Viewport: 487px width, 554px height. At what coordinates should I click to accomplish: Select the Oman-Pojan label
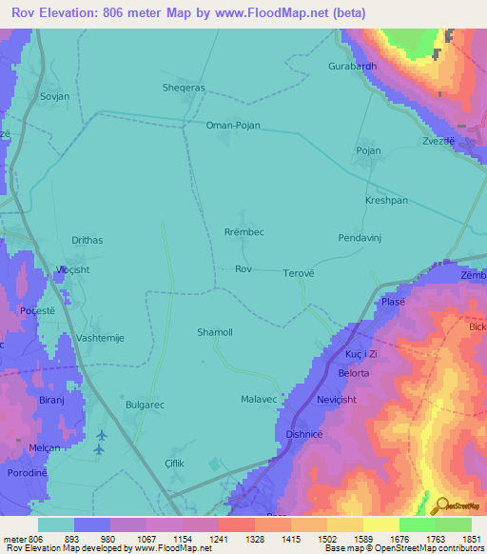233,125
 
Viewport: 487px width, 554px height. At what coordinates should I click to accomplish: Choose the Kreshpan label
386,201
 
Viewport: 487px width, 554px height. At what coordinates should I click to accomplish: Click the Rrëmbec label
244,232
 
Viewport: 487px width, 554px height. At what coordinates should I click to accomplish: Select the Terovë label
298,273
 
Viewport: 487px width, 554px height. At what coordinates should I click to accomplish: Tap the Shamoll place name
214,332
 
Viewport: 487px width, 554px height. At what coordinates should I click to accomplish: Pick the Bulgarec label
145,405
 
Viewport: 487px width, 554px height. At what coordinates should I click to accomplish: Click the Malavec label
260,399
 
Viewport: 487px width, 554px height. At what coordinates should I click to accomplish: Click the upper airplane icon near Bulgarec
101,435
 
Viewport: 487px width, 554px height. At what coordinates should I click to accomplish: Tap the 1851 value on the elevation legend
470,538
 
